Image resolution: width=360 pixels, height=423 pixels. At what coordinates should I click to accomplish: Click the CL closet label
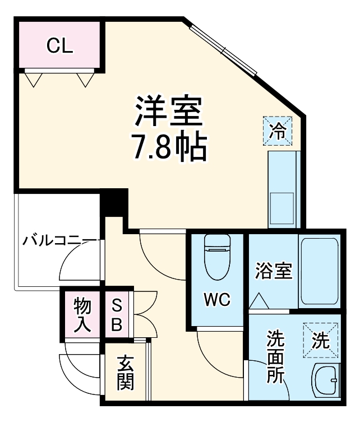[59, 46]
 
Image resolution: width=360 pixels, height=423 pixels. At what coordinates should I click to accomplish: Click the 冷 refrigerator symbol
[278, 131]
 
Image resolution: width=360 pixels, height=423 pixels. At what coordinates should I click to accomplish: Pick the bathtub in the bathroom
[318, 271]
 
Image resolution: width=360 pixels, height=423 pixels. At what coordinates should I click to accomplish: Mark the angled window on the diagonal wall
[223, 50]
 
